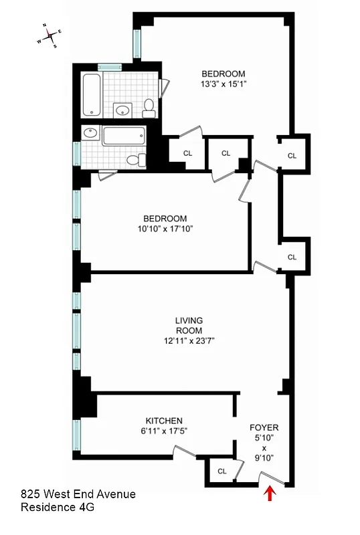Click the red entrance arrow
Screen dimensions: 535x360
point(270,494)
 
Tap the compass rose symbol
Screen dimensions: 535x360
point(49,35)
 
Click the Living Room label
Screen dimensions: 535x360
point(190,325)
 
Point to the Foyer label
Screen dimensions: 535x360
point(264,427)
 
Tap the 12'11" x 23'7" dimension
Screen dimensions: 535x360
point(190,340)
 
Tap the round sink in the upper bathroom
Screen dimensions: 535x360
point(122,110)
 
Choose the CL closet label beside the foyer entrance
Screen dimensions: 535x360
point(221,471)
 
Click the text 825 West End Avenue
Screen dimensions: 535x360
point(78,494)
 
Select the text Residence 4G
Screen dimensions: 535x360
point(58,508)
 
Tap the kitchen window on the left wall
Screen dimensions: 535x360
point(77,435)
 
